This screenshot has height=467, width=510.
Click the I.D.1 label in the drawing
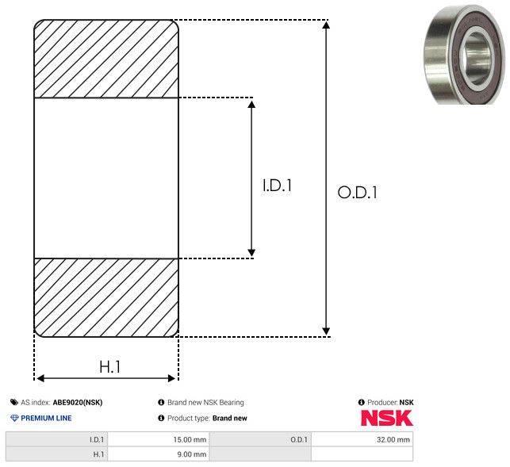pos(277,186)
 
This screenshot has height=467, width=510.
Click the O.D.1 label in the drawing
pos(357,192)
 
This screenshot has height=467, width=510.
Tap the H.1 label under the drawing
pos(110,367)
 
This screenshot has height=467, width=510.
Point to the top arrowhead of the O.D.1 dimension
pos(326,25)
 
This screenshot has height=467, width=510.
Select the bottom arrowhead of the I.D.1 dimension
pos(251,252)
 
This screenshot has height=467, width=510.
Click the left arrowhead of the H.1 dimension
pos(40,378)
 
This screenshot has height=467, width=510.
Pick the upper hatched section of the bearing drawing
pos(106,59)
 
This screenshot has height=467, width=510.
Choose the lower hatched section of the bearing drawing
pos(106,297)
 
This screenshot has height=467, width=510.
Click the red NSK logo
pos(387,418)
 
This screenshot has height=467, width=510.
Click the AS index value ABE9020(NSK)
pos(78,402)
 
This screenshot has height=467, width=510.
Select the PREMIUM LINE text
pos(46,418)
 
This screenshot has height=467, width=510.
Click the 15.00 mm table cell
pos(159,440)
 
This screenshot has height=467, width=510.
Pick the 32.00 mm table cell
pos(362,440)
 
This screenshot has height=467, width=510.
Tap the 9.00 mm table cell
pos(159,454)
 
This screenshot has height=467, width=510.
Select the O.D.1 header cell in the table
pos(260,440)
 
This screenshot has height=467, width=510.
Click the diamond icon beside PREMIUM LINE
pos(14,418)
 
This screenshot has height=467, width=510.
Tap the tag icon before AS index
pos(14,402)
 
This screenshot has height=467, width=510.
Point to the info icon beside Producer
pos(361,402)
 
